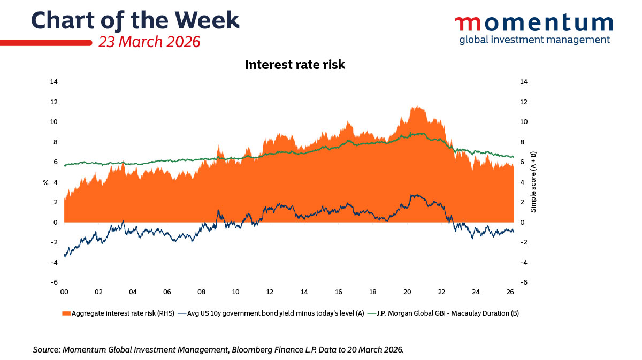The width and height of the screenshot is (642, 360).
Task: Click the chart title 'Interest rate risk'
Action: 295,65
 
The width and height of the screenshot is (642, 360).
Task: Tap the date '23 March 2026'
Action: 149,42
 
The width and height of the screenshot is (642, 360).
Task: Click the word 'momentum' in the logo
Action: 533,23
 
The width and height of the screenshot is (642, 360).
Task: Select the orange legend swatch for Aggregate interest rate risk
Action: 66,313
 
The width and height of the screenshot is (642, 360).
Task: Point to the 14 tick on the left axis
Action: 54,82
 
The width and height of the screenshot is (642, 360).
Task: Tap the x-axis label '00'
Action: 64,293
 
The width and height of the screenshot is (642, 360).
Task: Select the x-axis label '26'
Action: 510,293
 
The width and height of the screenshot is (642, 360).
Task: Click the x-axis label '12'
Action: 270,293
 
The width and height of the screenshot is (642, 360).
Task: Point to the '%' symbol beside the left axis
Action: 45,183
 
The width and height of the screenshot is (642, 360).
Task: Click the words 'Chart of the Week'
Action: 135,20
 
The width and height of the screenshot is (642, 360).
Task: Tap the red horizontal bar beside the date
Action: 45,42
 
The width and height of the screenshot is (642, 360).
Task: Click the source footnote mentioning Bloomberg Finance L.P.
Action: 218,349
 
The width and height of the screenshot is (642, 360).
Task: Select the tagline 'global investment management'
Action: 534,40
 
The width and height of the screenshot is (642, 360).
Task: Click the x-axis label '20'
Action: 407,293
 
